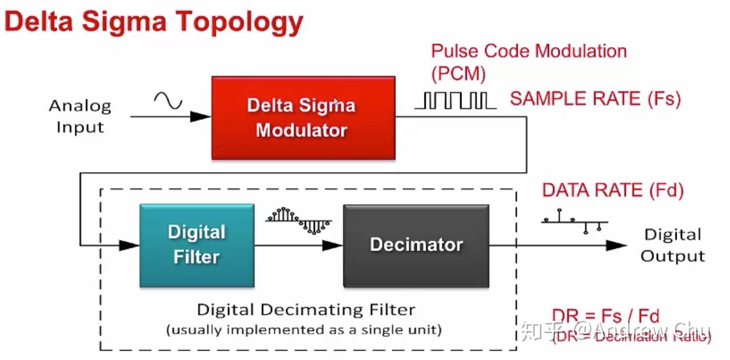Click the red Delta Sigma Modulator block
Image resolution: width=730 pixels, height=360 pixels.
click(x=303, y=118)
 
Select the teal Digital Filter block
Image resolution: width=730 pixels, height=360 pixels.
click(x=197, y=245)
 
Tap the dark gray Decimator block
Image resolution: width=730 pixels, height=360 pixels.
click(x=416, y=245)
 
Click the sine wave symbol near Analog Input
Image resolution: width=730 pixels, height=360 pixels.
click(x=168, y=101)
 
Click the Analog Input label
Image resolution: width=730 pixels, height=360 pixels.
click(x=80, y=116)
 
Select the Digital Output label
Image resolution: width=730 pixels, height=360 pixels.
click(x=673, y=246)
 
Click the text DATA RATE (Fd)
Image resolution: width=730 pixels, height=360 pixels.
click(x=613, y=190)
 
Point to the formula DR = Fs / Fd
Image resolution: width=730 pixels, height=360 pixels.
click(x=606, y=316)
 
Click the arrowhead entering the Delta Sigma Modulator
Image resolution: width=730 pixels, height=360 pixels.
click(x=200, y=116)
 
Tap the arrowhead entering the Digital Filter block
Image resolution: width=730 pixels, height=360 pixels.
click(x=129, y=245)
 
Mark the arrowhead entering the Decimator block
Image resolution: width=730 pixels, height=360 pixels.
click(x=332, y=245)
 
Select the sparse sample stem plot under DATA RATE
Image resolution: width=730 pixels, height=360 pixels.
click(x=574, y=222)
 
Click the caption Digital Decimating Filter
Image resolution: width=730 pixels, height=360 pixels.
click(x=306, y=310)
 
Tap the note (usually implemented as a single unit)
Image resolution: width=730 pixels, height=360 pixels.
click(x=304, y=330)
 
